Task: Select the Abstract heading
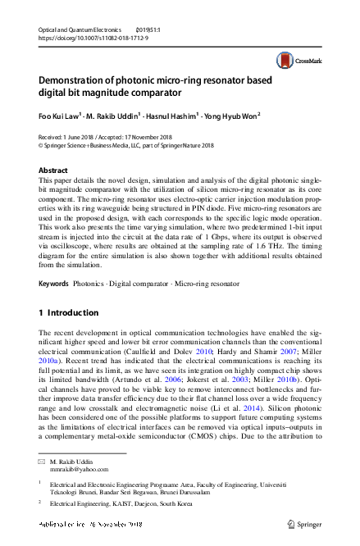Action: pyautogui.click(x=53, y=171)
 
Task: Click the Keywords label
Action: pyautogui.click(x=55, y=283)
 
